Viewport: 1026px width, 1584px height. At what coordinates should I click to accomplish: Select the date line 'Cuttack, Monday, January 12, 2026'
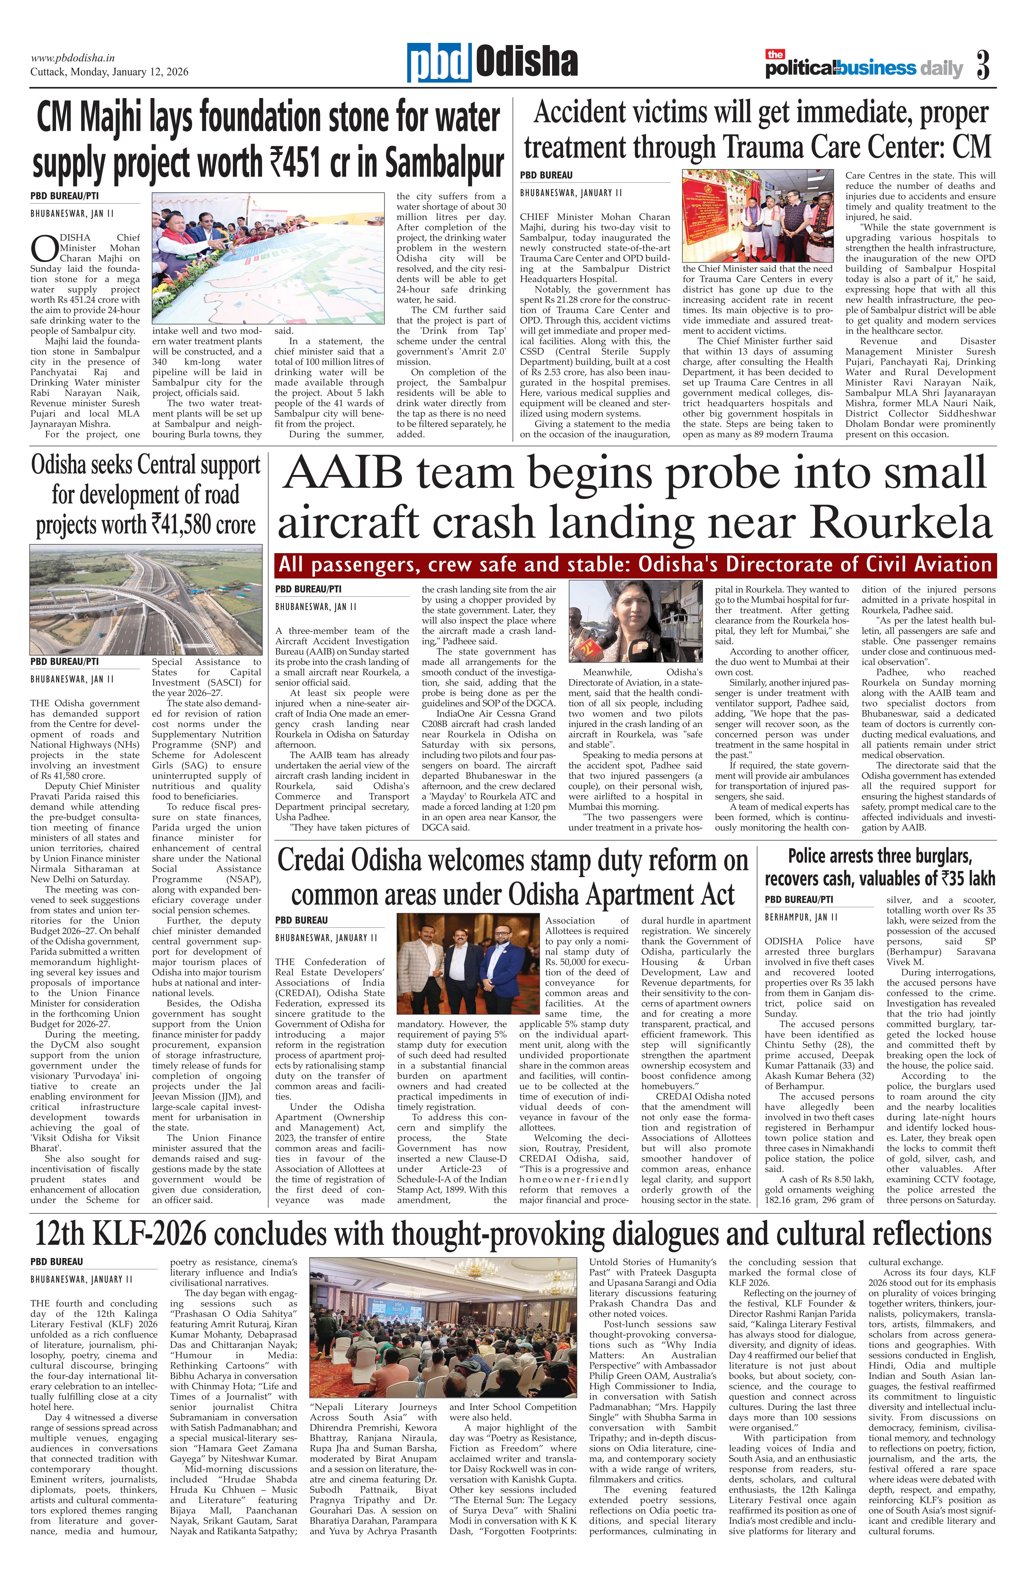[x=109, y=72]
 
